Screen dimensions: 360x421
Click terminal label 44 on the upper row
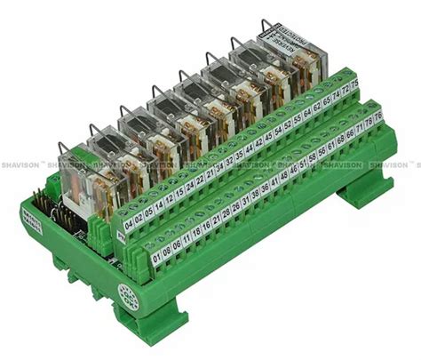[x=249, y=149]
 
